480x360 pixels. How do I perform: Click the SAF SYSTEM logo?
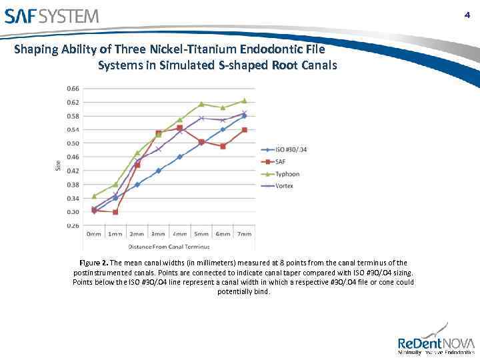51,15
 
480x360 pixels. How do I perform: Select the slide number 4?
467,15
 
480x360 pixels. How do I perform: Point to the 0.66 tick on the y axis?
72,89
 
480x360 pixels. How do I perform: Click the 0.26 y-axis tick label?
72,226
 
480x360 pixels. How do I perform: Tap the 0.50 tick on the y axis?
72,143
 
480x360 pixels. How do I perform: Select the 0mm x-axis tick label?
94,235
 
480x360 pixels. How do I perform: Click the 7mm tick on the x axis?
244,235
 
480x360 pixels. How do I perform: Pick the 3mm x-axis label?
158,235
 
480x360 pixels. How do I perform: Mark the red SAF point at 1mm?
115,212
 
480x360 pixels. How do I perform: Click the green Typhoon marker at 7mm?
244,101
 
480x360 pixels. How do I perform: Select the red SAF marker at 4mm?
180,128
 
